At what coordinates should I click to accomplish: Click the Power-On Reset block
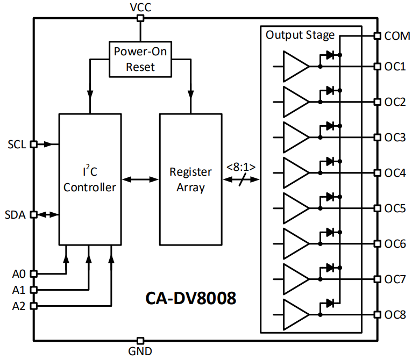tap(140, 59)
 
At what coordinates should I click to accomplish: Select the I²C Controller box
tap(90, 180)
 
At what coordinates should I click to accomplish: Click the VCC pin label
tap(140, 7)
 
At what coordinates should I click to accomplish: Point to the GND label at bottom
tap(140, 352)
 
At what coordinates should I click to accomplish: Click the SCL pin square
tap(33, 144)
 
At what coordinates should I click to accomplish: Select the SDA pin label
tap(16, 214)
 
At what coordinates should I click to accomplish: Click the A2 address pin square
tap(33, 306)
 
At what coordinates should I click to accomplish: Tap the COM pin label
tap(397, 37)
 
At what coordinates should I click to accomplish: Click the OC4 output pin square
tap(377, 173)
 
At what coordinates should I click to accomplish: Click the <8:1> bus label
tap(240, 167)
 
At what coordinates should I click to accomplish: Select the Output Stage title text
tap(300, 35)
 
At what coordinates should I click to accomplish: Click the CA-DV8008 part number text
tap(190, 299)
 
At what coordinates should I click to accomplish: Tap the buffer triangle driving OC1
tap(295, 67)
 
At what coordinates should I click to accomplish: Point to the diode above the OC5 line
tap(330, 197)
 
